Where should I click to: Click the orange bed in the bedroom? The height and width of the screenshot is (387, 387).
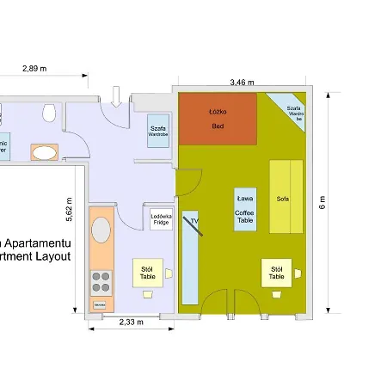pos(218,118)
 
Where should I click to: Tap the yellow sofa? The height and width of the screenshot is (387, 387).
pos(286,196)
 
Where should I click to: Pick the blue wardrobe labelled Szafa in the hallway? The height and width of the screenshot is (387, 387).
pos(158,130)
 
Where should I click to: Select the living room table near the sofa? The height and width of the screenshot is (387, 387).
pos(276,273)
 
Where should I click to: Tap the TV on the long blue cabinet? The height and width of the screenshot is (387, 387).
pos(193,224)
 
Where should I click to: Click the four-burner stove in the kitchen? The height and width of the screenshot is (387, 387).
pos(101,281)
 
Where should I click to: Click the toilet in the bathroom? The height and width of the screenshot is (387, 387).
pos(51,111)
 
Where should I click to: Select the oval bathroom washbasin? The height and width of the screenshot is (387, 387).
pos(45,153)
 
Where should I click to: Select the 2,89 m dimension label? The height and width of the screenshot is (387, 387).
pos(34,68)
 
